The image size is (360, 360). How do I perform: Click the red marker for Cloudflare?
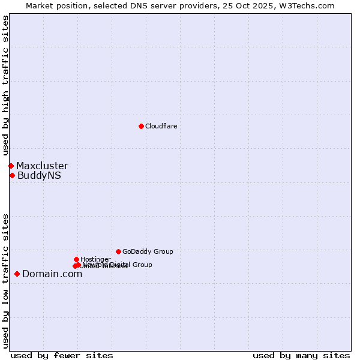pos(141,126)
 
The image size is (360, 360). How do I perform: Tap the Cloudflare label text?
pos(161,126)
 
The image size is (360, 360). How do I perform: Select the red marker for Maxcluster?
pos(11,166)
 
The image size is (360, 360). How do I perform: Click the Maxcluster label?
pos(42,166)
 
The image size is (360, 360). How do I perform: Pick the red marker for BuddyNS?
pos(12,175)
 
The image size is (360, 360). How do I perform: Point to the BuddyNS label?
pos(39,176)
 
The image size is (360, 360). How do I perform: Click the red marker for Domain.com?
pos(17,274)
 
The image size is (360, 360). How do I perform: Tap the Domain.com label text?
pos(52,274)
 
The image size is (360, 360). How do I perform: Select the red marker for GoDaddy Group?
pos(118,251)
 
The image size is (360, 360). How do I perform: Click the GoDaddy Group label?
pos(148,251)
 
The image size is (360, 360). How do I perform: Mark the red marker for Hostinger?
pos(76,259)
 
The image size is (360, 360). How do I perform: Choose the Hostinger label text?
pos(95,259)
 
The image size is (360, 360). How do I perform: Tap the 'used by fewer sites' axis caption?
pos(62,355)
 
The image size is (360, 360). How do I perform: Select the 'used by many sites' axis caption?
pos(301,355)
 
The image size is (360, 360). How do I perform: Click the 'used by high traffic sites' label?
pos(5,86)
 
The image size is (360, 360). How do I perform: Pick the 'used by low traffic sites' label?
pos(5,280)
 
